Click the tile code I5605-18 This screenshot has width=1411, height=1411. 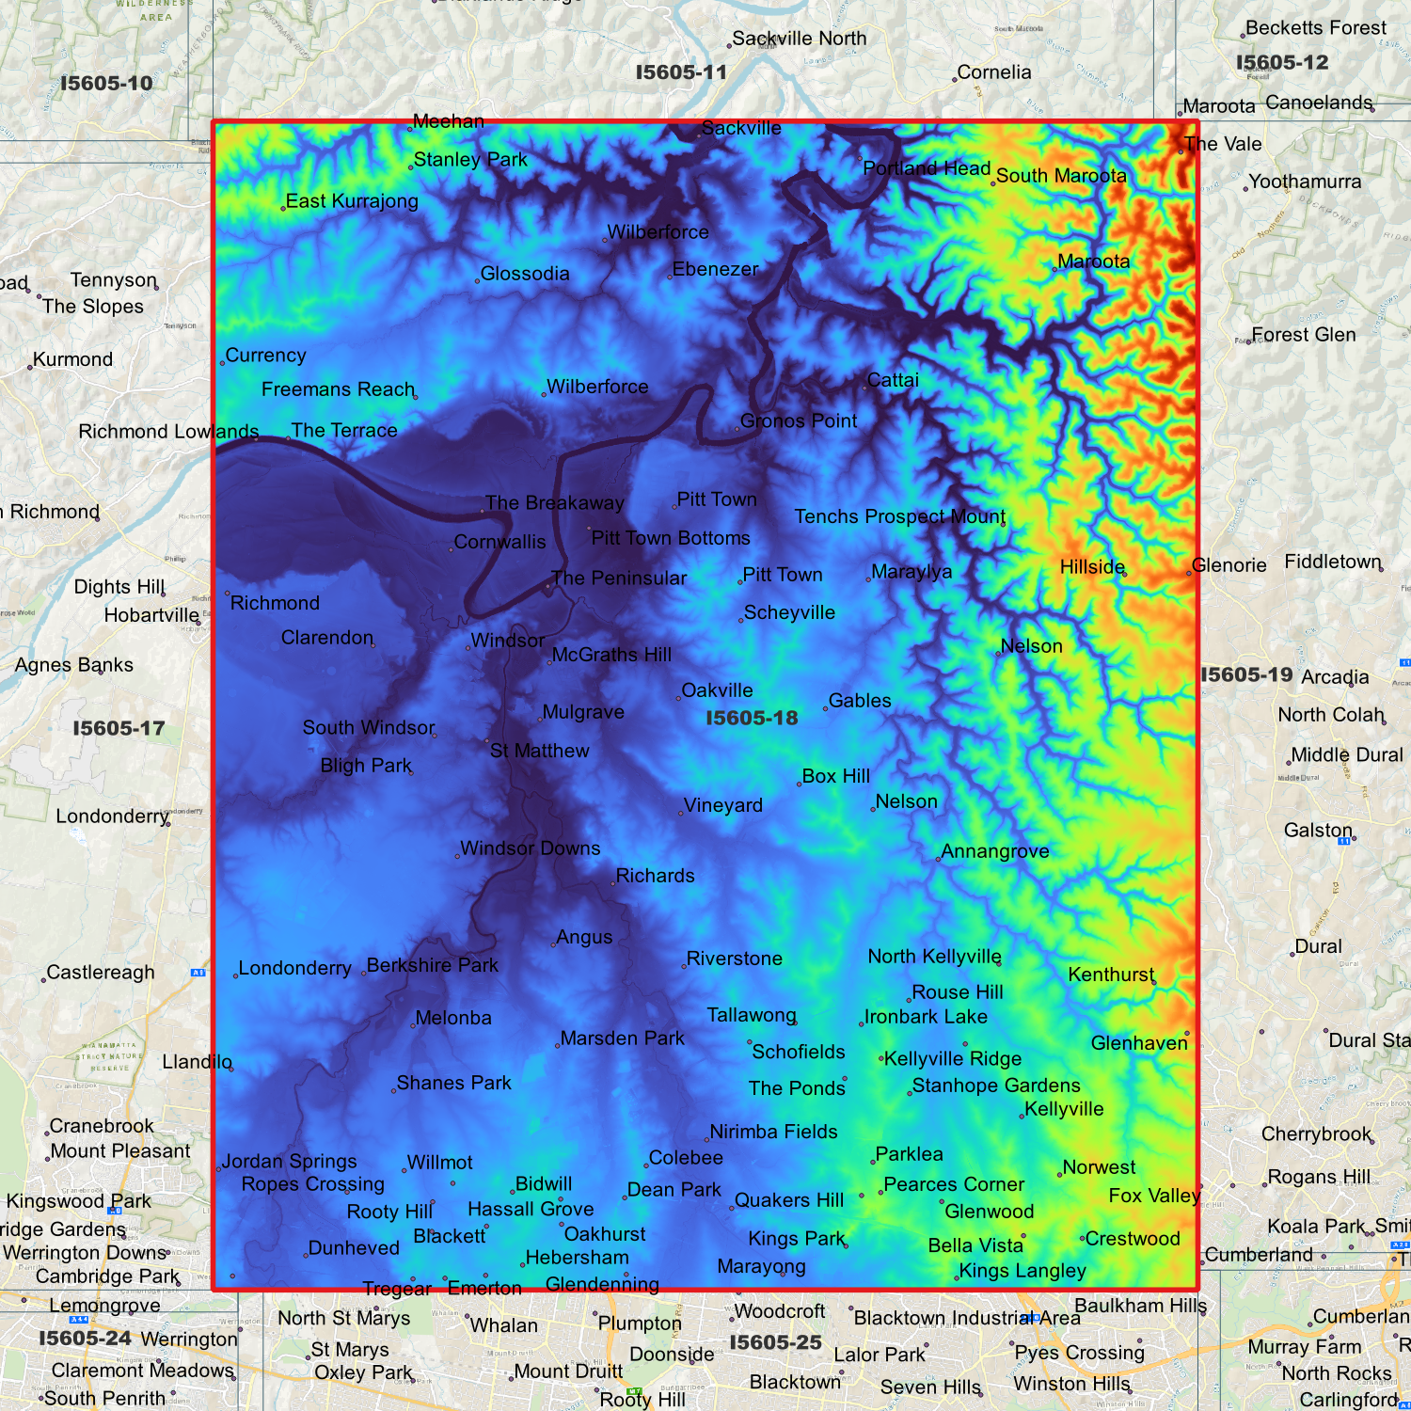pyautogui.click(x=752, y=719)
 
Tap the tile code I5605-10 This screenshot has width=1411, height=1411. pyautogui.click(x=106, y=84)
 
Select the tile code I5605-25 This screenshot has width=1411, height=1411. pyautogui.click(x=775, y=1342)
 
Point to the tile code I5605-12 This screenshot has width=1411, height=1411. pyautogui.click(x=1281, y=63)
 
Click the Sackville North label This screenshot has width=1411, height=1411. pyautogui.click(x=799, y=39)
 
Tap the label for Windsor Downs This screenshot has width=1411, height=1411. pyautogui.click(x=530, y=848)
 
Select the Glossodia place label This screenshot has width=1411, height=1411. pyautogui.click(x=524, y=274)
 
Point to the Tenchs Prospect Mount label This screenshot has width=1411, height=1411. pyautogui.click(x=899, y=516)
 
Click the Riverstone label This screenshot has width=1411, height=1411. pyautogui.click(x=734, y=959)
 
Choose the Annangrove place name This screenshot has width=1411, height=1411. pyautogui.click(x=994, y=851)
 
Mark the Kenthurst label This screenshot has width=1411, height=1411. pyautogui.click(x=1110, y=975)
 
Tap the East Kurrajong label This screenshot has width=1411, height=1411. pyautogui.click(x=351, y=201)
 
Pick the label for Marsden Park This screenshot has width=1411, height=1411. pyautogui.click(x=622, y=1038)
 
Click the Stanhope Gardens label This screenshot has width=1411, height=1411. pyautogui.click(x=995, y=1086)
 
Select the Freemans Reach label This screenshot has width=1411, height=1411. pyautogui.click(x=338, y=389)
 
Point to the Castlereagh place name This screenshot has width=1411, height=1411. pyautogui.click(x=100, y=973)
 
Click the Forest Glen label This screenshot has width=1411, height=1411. pyautogui.click(x=1303, y=335)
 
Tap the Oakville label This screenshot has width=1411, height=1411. pyautogui.click(x=717, y=690)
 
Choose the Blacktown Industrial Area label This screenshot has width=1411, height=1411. pyautogui.click(x=967, y=1318)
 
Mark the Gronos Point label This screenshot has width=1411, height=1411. pyautogui.click(x=798, y=421)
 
